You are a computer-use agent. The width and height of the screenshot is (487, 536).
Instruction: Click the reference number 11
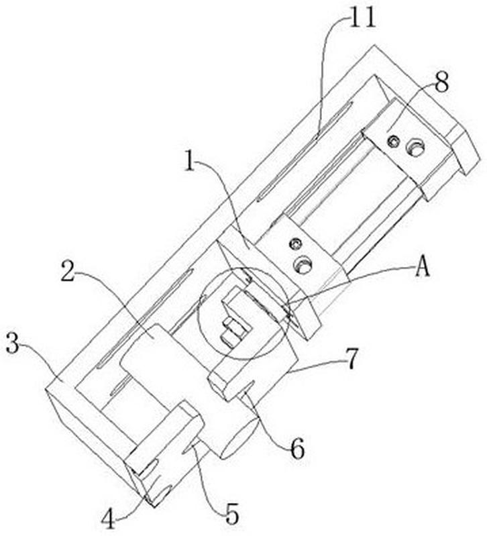pos(362,17)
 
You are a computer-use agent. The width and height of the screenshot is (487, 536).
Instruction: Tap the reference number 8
pos(441,83)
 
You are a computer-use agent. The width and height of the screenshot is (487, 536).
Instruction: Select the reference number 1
pos(189,162)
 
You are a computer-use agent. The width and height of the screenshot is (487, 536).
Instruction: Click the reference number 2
pos(67,271)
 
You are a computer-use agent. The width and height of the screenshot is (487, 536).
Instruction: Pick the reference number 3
pos(13,344)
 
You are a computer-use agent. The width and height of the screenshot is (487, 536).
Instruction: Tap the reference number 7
pos(351,359)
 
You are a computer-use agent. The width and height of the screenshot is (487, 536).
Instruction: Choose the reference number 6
pos(297,449)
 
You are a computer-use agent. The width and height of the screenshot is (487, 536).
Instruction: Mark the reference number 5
pos(232,514)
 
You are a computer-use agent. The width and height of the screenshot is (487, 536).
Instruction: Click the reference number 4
pos(109,519)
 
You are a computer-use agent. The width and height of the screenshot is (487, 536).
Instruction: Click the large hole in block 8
pos(416,148)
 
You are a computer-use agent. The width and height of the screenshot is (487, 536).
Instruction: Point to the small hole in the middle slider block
pos(294,244)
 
